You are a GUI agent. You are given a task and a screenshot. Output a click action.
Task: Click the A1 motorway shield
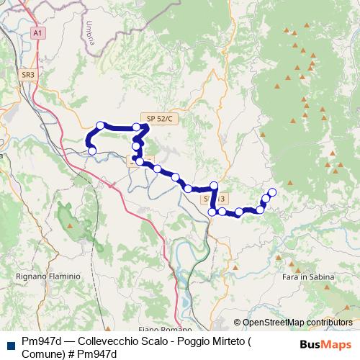(38, 32)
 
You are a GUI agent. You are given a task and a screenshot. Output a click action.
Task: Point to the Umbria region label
(90, 34)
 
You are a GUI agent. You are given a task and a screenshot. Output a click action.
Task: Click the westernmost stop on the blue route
(93, 150)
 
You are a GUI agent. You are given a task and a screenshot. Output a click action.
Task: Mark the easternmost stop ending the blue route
(271, 192)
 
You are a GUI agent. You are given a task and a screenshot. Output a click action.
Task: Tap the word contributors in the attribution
(330, 323)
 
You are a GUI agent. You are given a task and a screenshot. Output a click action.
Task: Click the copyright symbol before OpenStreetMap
(238, 323)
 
